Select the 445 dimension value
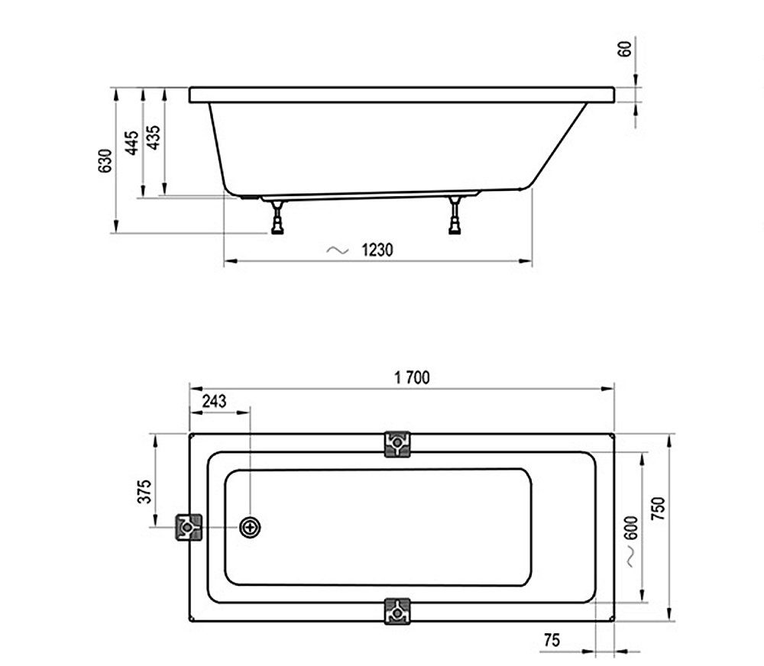coord(131,143)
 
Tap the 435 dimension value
coord(153,137)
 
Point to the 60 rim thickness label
coord(624,50)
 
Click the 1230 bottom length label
coord(377,250)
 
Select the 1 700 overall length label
coord(412,377)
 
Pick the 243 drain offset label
coord(214,402)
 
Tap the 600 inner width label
coord(631,530)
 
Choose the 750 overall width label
coord(659,510)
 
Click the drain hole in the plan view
coord(250,527)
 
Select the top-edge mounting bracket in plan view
coord(397,444)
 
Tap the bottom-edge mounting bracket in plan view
coord(397,611)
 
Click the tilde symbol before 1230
coord(336,250)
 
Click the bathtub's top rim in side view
coord(401,95)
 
